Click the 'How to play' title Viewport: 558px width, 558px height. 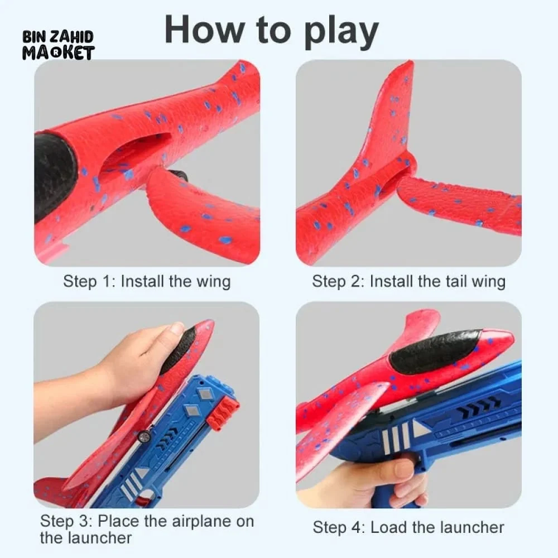click(x=272, y=31)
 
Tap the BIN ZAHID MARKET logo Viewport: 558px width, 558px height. click(x=59, y=45)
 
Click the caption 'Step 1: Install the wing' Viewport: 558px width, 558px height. click(x=147, y=281)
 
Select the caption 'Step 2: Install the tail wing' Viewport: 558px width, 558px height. click(x=408, y=281)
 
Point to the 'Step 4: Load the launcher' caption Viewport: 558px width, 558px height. click(x=408, y=527)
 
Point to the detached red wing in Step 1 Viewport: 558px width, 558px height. click(x=203, y=210)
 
